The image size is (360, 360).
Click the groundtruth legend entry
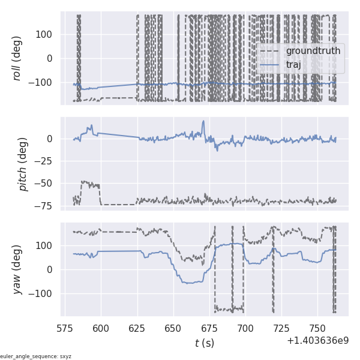pos(313,51)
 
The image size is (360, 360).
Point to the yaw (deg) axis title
pos(18,269)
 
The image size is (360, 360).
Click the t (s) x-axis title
pos(204,343)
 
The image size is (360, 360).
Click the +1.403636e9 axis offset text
pos(317,340)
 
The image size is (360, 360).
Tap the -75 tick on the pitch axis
pos(48,205)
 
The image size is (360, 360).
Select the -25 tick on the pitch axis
pos(48,161)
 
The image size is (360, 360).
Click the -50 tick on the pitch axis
pos(48,183)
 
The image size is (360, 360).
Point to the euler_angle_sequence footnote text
pos(36,356)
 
